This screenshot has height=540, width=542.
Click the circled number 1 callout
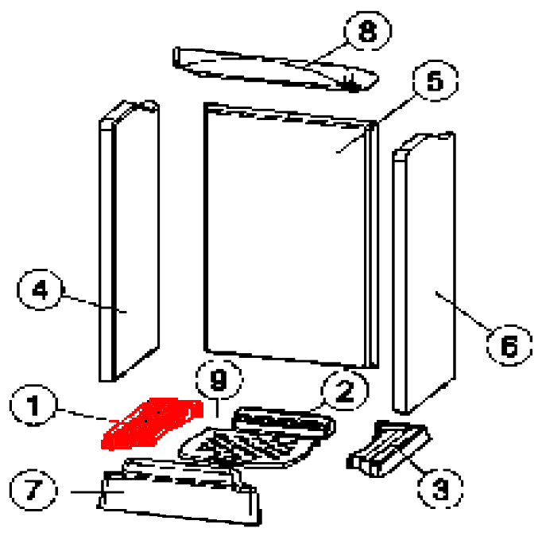(x=33, y=406)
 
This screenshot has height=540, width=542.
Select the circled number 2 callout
(x=345, y=391)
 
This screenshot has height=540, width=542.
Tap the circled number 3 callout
(x=440, y=489)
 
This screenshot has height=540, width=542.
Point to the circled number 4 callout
(x=40, y=289)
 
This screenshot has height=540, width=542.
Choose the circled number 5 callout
(x=436, y=80)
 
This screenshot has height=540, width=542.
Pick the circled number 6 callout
(x=509, y=346)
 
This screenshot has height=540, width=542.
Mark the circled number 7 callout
(x=33, y=490)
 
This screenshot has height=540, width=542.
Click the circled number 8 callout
(x=367, y=31)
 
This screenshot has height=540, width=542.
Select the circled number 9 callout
(x=219, y=379)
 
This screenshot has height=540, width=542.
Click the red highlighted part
(x=152, y=423)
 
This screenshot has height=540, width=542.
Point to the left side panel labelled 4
(x=130, y=241)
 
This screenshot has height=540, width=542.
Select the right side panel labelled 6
(x=424, y=273)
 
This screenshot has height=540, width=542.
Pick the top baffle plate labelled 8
(x=276, y=69)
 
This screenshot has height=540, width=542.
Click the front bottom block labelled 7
(x=179, y=492)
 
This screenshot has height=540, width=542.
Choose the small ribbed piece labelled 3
(x=389, y=449)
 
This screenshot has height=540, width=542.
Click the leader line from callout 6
(x=463, y=311)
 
